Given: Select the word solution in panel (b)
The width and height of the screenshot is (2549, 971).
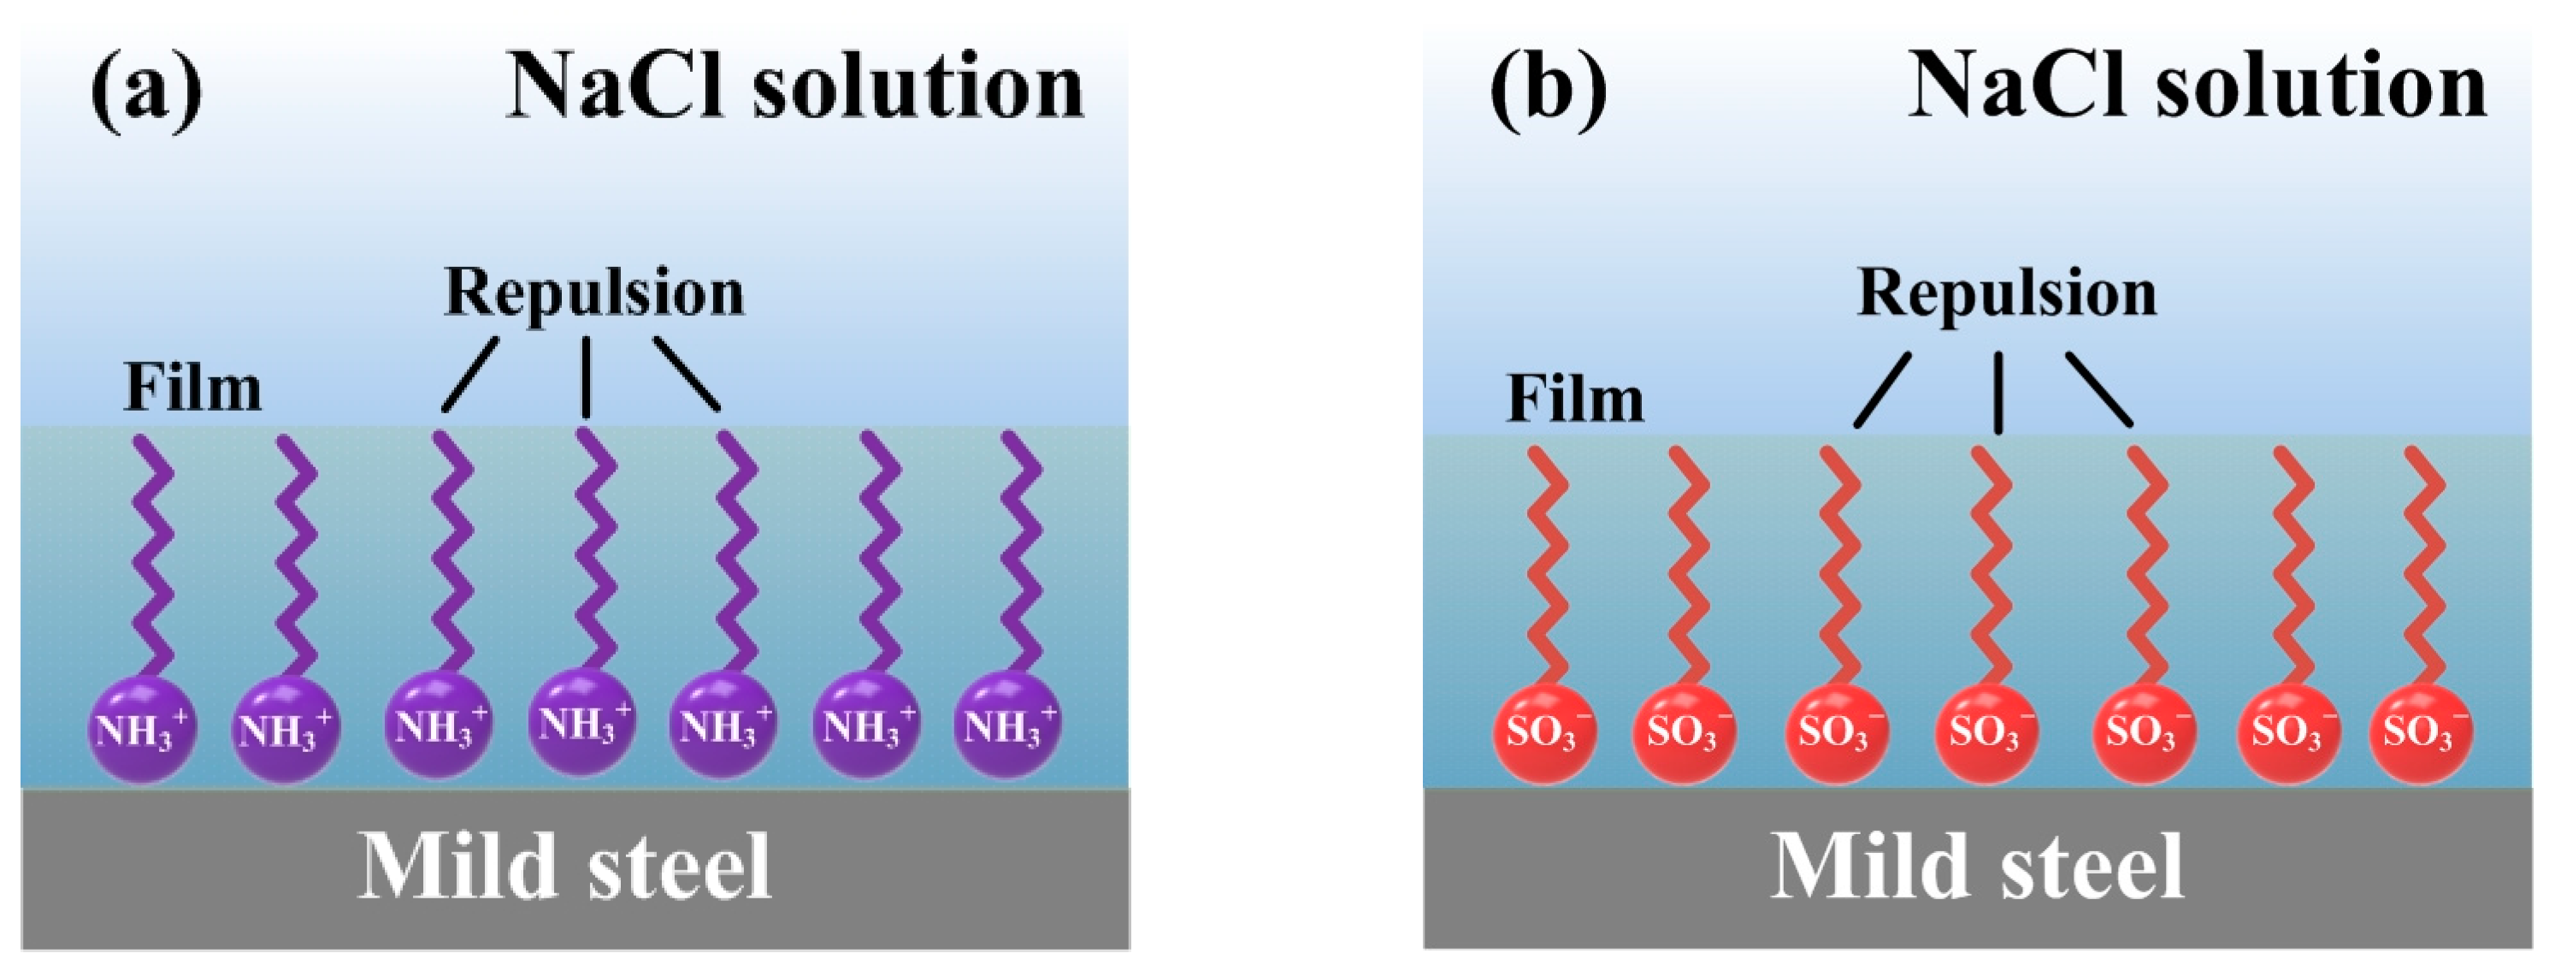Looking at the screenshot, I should (x=2321, y=87).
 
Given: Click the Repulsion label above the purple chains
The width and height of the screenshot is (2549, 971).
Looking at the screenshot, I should (x=593, y=293).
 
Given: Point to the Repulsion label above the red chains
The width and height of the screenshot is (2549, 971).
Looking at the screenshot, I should (x=2007, y=293).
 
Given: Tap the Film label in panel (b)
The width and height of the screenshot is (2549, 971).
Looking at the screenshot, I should (x=1574, y=399).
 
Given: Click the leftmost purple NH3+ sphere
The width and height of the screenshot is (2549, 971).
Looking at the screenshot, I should (x=143, y=731).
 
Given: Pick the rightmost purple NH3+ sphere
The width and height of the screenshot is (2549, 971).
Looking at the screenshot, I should (x=1007, y=726).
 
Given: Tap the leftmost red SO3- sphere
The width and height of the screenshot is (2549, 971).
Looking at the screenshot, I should (x=1544, y=732).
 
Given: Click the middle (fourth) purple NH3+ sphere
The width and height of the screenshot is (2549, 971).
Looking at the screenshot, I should (x=581, y=723).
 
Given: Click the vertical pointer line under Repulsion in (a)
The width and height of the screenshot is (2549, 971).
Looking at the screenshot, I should (x=586, y=377).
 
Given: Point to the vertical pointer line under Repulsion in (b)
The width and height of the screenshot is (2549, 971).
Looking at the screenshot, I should (x=1999, y=393).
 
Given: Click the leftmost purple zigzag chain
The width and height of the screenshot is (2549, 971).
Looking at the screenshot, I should (x=153, y=554).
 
